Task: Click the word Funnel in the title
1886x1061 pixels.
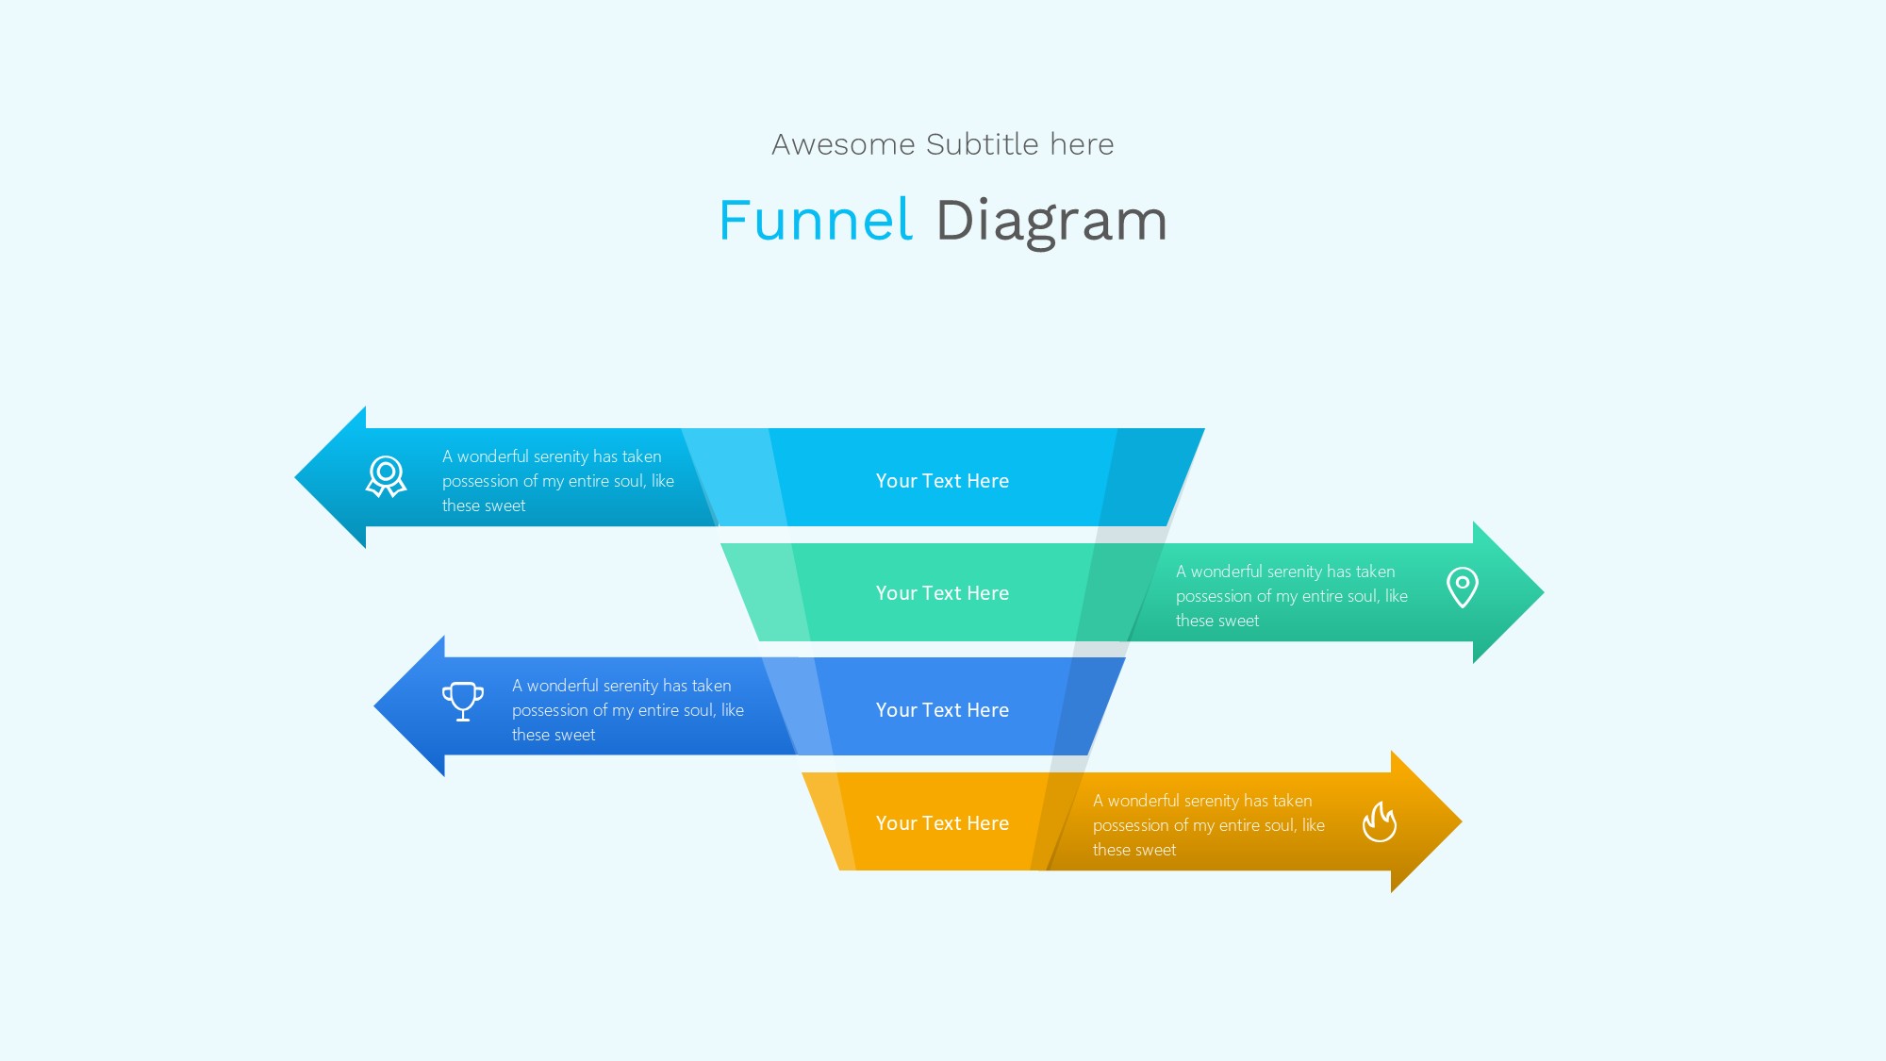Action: click(x=816, y=221)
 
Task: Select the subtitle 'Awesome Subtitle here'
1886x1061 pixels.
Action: click(x=942, y=144)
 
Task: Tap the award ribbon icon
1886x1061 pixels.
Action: click(x=386, y=476)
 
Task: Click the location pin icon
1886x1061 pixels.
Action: click(x=1462, y=587)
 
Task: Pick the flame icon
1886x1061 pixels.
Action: click(x=1379, y=821)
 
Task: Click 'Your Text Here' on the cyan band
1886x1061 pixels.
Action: click(x=942, y=481)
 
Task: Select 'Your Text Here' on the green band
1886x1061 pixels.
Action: click(x=942, y=593)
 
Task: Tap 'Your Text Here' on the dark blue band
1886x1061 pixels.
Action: click(x=942, y=710)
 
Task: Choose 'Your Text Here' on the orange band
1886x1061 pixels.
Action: click(x=942, y=823)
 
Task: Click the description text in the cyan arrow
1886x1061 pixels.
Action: click(x=557, y=481)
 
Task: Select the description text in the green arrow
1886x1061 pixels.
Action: click(x=1291, y=596)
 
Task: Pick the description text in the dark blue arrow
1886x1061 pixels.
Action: click(x=627, y=710)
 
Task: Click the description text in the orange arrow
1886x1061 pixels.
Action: click(x=1208, y=825)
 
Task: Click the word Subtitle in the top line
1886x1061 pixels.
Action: click(x=982, y=144)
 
